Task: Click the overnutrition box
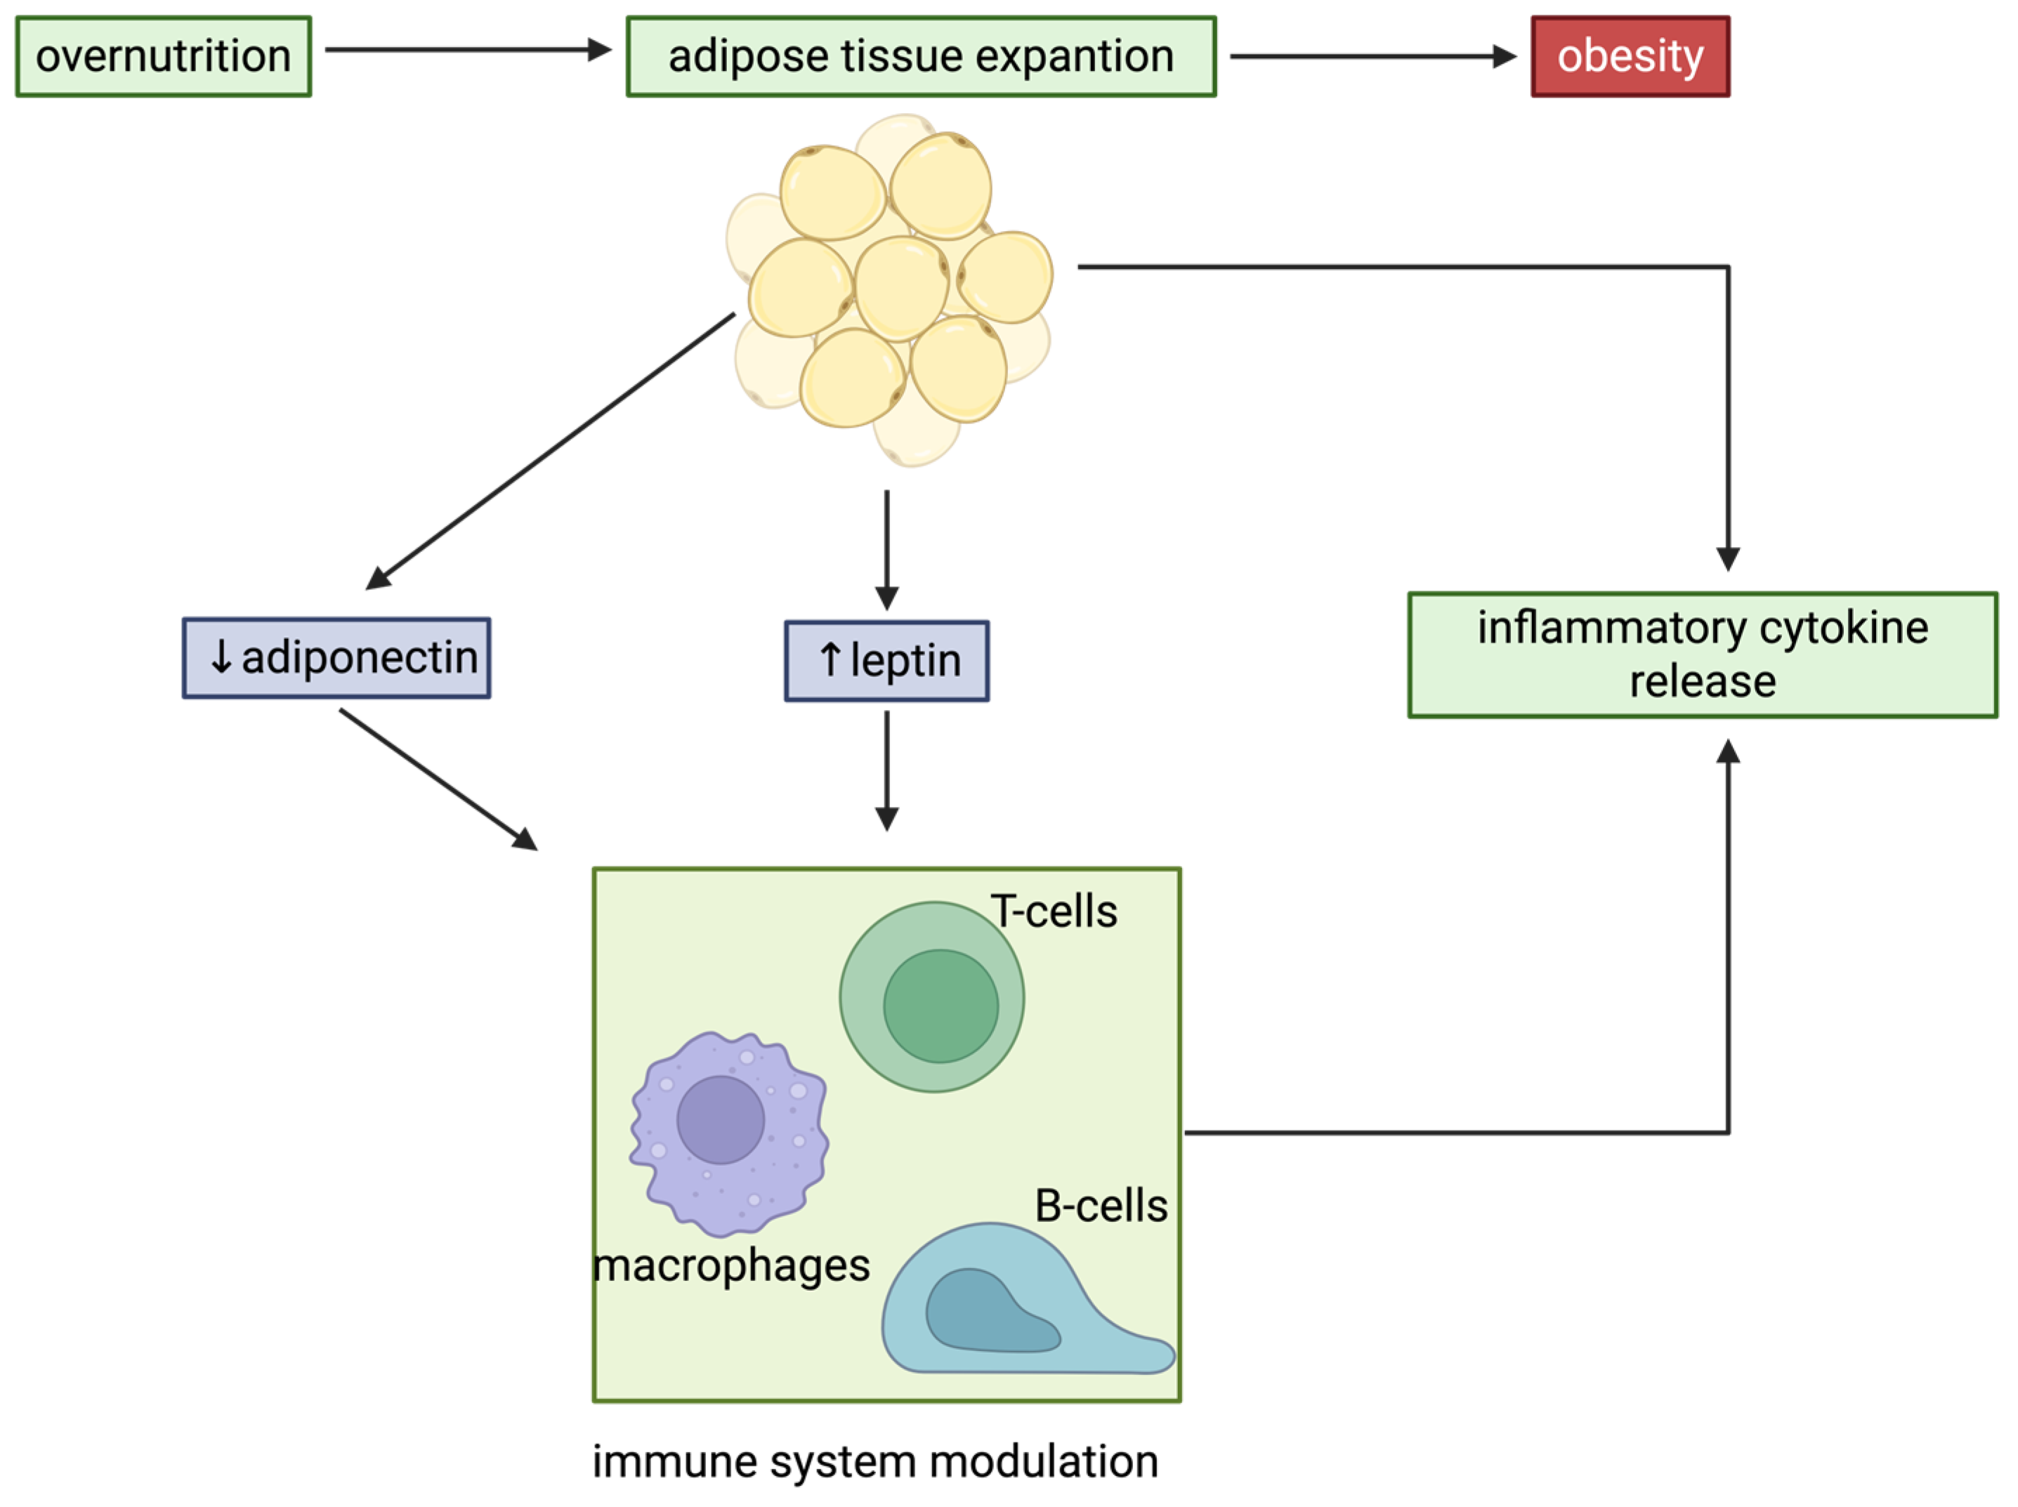tap(163, 55)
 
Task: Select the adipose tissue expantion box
tap(922, 55)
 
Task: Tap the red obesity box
tap(1630, 55)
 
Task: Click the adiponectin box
tap(336, 658)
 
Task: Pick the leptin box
tap(886, 660)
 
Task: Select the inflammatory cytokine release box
tap(1703, 654)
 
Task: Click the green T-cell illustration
tap(931, 996)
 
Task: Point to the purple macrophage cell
tap(729, 1134)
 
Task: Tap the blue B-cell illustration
tap(1026, 1300)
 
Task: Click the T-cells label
tap(1054, 912)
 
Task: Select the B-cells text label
tap(1101, 1206)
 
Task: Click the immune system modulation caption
tap(876, 1461)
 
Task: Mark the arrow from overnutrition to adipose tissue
tap(468, 49)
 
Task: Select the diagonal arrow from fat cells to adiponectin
tap(550, 452)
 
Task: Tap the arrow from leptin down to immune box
tap(886, 771)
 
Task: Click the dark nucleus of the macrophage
tap(721, 1119)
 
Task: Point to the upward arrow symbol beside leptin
tap(830, 659)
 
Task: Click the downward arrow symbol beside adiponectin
tap(221, 656)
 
